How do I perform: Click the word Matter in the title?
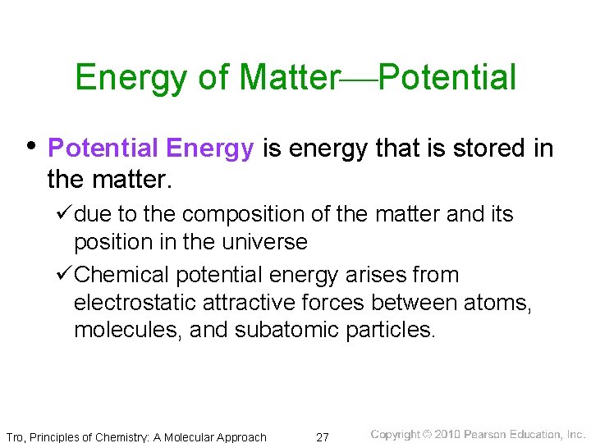(289, 78)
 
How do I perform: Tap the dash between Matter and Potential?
(358, 80)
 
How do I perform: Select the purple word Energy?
(209, 148)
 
